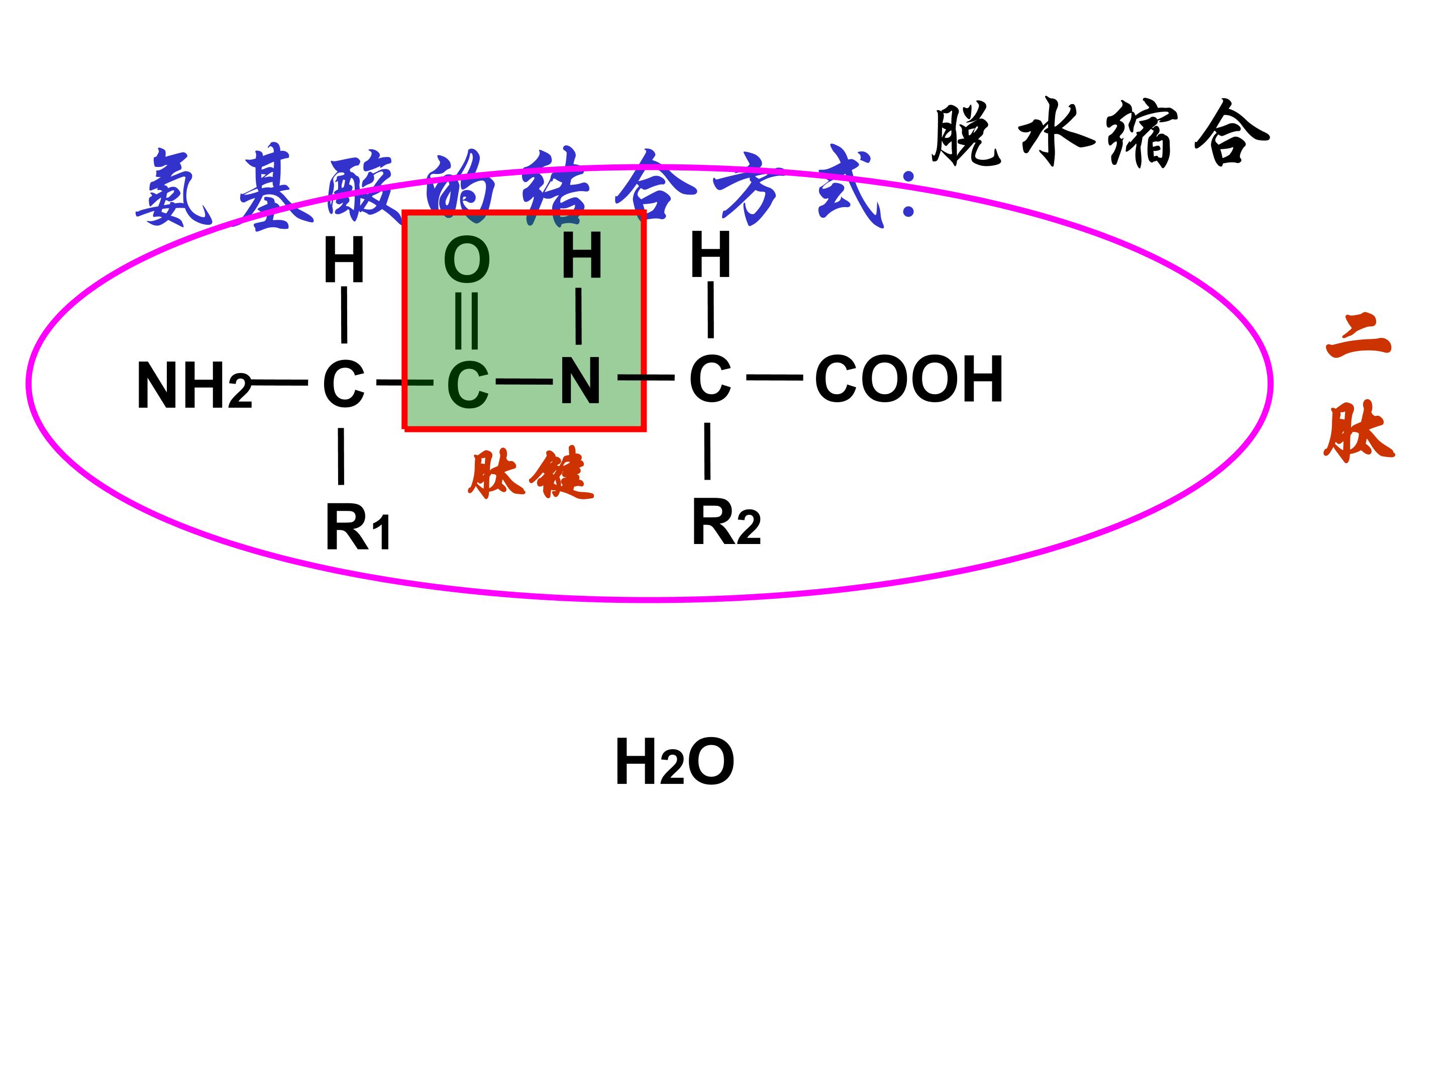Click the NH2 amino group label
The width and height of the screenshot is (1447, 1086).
pyautogui.click(x=194, y=386)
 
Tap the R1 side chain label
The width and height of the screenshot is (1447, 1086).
pyautogui.click(x=358, y=529)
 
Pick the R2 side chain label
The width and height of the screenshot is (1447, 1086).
pyautogui.click(x=726, y=522)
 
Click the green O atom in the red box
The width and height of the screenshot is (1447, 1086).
pyautogui.click(x=467, y=260)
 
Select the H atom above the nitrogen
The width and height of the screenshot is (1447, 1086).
pyautogui.click(x=581, y=255)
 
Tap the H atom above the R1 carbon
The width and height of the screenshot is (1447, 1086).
pyautogui.click(x=344, y=260)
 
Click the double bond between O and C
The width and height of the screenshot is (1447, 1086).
pyautogui.click(x=466, y=321)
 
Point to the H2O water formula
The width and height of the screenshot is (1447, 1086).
pyautogui.click(x=674, y=761)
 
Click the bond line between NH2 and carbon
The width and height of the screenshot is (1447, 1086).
pyautogui.click(x=280, y=382)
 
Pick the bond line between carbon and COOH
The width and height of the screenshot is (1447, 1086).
pyautogui.click(x=775, y=377)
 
